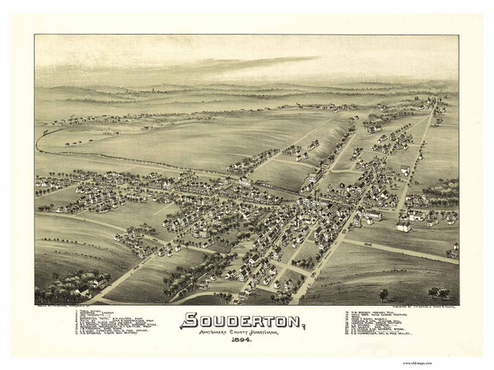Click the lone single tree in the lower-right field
(x=383, y=293)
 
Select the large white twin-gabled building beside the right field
(x=403, y=224)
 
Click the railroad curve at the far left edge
(x=40, y=140)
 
